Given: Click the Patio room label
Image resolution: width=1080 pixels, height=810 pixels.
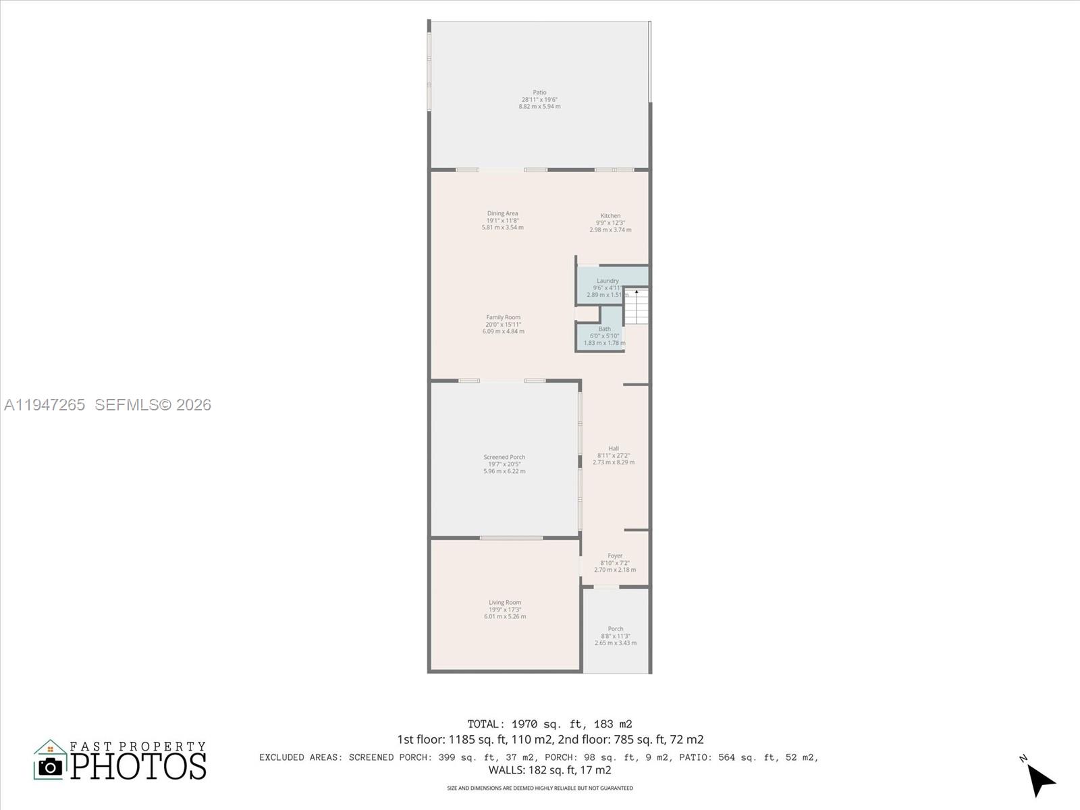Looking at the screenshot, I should coord(539,92).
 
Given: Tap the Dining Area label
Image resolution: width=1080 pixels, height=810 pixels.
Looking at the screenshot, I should coord(502,213).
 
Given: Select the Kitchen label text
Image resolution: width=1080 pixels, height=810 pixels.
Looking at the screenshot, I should coord(610,216).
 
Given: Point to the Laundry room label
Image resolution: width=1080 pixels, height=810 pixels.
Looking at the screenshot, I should coord(607,281).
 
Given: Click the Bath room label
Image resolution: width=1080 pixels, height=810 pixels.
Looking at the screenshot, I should coord(604,329).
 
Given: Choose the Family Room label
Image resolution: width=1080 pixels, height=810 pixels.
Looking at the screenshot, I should coord(504,317).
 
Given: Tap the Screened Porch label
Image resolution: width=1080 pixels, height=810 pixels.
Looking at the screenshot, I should coord(504,457).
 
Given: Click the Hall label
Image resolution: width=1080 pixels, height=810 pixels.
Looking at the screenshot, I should coord(614,448).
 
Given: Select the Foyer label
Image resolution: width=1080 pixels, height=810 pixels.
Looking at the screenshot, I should coord(615,556).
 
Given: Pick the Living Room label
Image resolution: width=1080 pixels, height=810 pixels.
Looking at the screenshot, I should coord(505,603).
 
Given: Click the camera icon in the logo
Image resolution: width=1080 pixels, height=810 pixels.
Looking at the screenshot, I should coord(50,766).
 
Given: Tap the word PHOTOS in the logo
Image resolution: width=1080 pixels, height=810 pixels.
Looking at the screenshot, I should coord(139,766).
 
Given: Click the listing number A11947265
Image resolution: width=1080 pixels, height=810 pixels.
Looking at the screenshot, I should coord(45,404).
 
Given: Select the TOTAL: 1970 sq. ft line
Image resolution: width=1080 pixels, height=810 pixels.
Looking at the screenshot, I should coord(549,724).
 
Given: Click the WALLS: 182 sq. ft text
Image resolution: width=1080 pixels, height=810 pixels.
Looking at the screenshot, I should coord(549,770).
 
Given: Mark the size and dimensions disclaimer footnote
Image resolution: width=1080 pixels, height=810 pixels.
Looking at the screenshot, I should coord(540,788).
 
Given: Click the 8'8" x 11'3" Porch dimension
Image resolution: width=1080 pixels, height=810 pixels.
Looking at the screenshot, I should coord(616,636).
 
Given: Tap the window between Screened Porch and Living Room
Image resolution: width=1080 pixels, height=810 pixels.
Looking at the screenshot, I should coord(511,538).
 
